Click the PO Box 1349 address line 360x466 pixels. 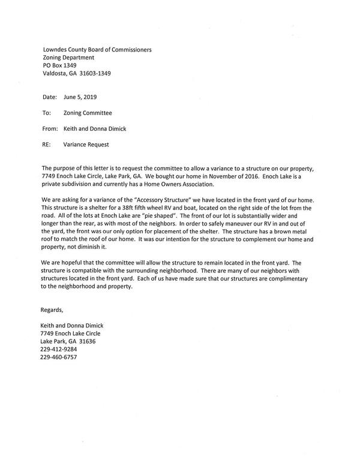pyautogui.click(x=59, y=65)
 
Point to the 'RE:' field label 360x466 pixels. pyautogui.click(x=47, y=144)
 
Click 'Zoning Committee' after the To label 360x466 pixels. pyautogui.click(x=88, y=112)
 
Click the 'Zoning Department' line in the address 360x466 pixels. pyautogui.click(x=68, y=58)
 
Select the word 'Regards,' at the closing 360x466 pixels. pyautogui.click(x=53, y=309)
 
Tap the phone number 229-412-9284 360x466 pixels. pyautogui.click(x=60, y=349)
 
